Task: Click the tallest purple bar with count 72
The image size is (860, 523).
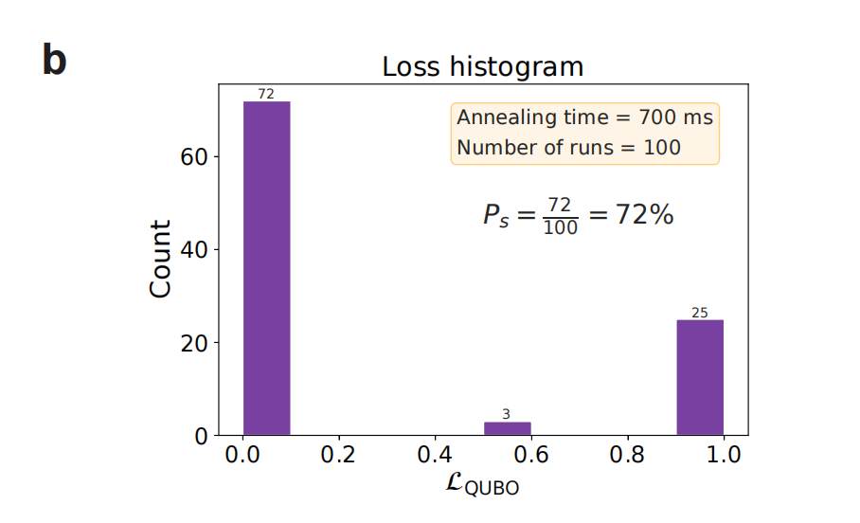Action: (266, 268)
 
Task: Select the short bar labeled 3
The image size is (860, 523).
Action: (507, 428)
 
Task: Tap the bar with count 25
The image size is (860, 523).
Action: (700, 378)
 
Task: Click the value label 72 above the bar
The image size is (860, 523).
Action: (266, 94)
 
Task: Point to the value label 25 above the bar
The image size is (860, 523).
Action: (700, 313)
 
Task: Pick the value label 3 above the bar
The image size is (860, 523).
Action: (507, 414)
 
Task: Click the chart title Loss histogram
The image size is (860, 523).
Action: (482, 67)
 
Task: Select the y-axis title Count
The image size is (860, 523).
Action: (162, 259)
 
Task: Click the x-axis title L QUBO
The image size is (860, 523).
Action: (482, 485)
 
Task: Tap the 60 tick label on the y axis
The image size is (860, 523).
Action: (193, 156)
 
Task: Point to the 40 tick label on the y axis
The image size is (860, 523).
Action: (193, 250)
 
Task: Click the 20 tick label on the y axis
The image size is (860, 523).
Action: (193, 343)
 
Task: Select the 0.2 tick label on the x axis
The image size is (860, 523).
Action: (338, 455)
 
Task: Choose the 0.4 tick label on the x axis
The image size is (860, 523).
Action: (435, 455)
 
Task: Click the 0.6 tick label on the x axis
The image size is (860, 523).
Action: (531, 455)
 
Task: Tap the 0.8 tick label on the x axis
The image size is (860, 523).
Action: (628, 455)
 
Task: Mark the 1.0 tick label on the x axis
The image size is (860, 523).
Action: (724, 455)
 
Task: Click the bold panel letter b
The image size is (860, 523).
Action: (55, 61)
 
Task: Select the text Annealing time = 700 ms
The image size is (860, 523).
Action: (584, 118)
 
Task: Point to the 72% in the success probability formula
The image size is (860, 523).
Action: (645, 215)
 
